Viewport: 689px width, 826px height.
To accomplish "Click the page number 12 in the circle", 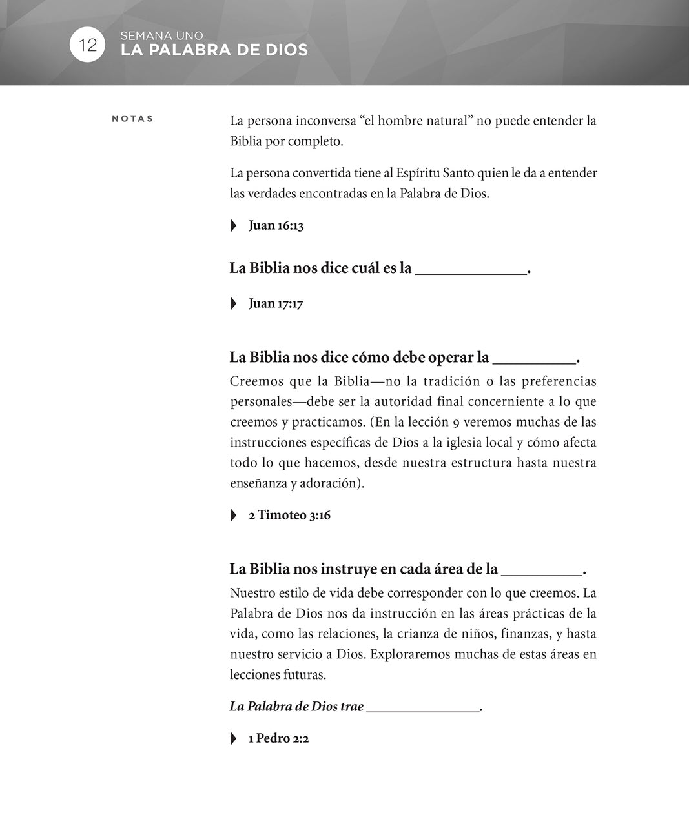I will (x=87, y=45).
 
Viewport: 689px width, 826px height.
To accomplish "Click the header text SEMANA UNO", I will (x=161, y=36).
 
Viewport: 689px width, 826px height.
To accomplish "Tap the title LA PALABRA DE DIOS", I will (x=214, y=50).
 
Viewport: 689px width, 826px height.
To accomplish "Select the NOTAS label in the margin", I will (x=132, y=119).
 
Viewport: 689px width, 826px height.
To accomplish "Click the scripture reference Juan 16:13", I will (x=276, y=226).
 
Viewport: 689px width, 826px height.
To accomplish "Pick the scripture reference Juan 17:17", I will (x=276, y=304).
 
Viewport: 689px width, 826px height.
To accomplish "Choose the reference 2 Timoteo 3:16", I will (x=289, y=516).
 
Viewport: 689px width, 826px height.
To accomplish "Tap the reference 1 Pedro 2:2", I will (x=278, y=739).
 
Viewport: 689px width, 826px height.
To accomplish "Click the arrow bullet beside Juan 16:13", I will (x=234, y=226).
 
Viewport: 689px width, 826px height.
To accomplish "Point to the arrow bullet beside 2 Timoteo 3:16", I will (x=234, y=516).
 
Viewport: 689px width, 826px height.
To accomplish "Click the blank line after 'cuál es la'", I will (x=471, y=271).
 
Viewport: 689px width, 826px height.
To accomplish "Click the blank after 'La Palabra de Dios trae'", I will (x=422, y=709).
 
